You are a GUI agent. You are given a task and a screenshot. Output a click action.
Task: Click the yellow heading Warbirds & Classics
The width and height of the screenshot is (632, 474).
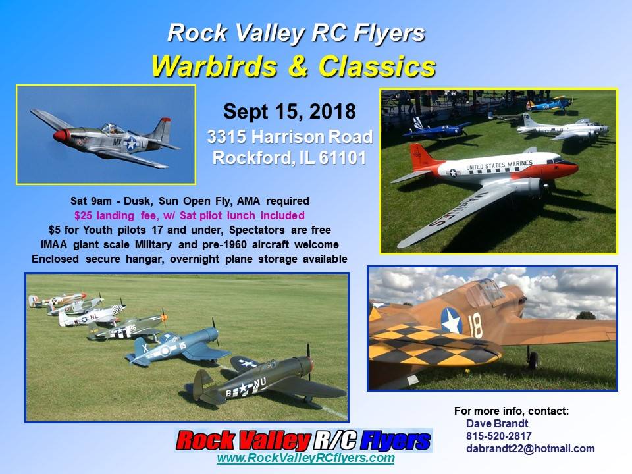point(294,66)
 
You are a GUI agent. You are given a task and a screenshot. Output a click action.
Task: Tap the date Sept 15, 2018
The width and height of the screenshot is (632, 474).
point(290,112)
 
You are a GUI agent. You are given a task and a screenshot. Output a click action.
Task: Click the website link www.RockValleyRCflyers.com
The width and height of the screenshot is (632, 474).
point(305,458)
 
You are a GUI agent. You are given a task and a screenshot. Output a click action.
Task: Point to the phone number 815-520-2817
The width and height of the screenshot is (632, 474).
point(498,436)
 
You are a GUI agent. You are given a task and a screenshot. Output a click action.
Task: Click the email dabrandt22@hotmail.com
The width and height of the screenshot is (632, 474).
point(530,448)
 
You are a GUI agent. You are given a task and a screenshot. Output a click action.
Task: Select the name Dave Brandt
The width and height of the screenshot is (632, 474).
point(496,423)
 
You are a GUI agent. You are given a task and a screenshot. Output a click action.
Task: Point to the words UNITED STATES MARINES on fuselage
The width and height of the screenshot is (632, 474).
point(499,165)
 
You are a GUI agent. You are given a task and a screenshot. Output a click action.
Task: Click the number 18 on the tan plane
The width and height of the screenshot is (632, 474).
point(475,326)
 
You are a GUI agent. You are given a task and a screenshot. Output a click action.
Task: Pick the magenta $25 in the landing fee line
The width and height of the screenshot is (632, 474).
point(84,216)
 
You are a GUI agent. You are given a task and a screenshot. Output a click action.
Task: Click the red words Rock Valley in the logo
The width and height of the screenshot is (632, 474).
point(244,440)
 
